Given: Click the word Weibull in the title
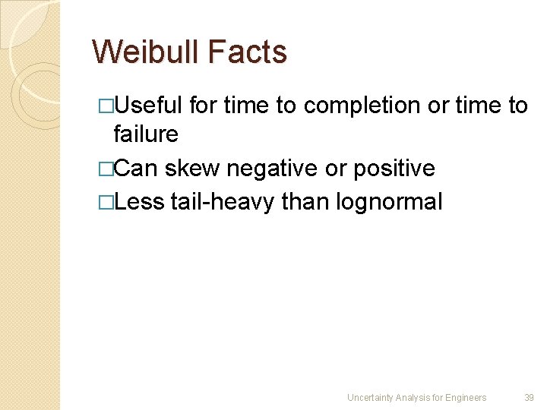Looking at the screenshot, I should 144,52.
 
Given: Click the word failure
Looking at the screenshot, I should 146,134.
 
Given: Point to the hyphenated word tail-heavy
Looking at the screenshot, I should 223,202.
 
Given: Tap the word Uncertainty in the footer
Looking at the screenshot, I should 370,397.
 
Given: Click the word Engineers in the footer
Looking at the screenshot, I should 466,397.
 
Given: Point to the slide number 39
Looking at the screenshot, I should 529,397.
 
